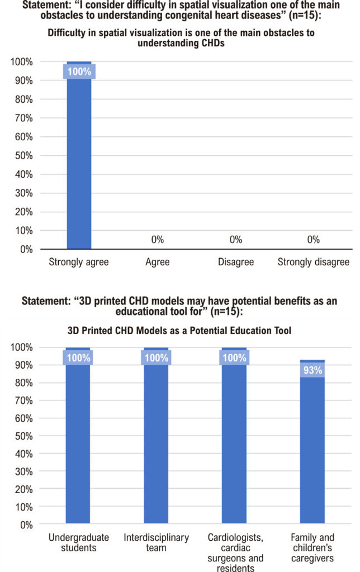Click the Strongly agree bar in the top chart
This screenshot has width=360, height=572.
tap(79, 155)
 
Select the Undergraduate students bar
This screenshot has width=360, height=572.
tap(78, 436)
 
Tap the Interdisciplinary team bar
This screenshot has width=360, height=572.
tap(156, 436)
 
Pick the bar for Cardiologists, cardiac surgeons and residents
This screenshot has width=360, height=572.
tap(234, 436)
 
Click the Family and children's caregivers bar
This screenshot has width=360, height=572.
tap(312, 442)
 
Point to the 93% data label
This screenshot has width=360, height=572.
tap(312, 370)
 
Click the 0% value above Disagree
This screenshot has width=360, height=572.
tap(236, 240)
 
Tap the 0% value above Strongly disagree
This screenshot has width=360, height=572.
tap(313, 240)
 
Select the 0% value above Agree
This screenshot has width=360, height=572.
tap(158, 240)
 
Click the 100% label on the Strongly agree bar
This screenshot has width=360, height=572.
tap(79, 71)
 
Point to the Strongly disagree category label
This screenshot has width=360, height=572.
tap(313, 262)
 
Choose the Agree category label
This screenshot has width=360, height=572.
tap(158, 263)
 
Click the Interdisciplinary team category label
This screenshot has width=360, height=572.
tap(157, 542)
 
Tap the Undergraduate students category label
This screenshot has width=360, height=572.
tap(78, 542)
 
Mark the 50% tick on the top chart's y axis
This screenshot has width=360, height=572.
tap(23, 156)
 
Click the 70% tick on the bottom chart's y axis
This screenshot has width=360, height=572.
tap(23, 401)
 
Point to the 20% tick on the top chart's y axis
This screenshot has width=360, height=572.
tap(23, 212)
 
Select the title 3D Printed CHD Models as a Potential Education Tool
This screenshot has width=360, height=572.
tap(179, 331)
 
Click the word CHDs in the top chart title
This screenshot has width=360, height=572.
tap(212, 43)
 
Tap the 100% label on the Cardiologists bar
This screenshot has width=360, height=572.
tap(234, 358)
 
